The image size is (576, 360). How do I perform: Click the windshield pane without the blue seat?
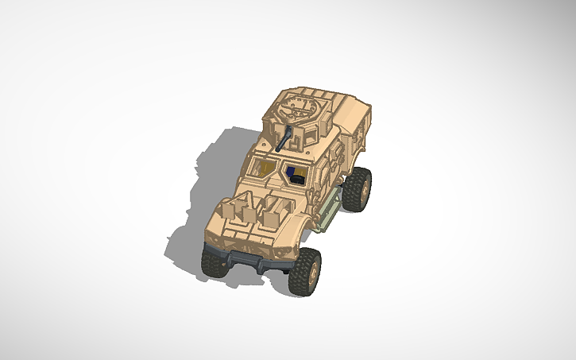pos(262,167)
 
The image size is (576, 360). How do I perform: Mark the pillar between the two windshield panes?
pos(277,168)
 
